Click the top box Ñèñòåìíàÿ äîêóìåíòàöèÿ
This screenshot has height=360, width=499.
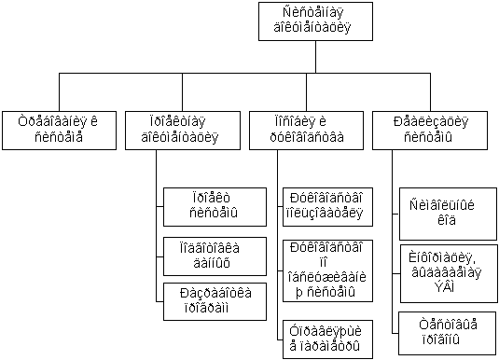(x=315, y=21)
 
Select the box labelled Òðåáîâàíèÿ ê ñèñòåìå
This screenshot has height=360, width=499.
(x=59, y=131)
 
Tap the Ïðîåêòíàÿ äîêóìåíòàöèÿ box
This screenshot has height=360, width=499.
(x=183, y=131)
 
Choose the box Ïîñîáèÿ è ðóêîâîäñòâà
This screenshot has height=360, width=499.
(x=306, y=131)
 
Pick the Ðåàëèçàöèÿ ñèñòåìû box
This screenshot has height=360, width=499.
(x=430, y=131)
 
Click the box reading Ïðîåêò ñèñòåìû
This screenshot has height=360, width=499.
(x=215, y=207)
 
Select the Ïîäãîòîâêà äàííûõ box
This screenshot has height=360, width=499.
(x=215, y=256)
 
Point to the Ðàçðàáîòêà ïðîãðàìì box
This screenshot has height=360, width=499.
(x=215, y=301)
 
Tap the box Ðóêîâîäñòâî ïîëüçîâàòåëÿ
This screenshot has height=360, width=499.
(x=327, y=207)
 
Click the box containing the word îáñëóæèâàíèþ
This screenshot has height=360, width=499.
(x=327, y=270)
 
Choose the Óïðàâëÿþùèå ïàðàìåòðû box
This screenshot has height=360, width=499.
(x=327, y=339)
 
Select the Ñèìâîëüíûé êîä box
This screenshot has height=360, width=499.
(x=448, y=214)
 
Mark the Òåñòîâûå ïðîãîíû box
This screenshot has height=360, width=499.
(x=448, y=333)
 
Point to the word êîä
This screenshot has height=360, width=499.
(x=447, y=220)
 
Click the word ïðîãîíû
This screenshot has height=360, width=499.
(x=441, y=339)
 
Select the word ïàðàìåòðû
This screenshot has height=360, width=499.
(x=325, y=346)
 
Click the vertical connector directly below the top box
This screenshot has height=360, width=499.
(x=315, y=57)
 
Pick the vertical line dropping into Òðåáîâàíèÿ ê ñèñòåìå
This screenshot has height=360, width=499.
(x=59, y=92)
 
